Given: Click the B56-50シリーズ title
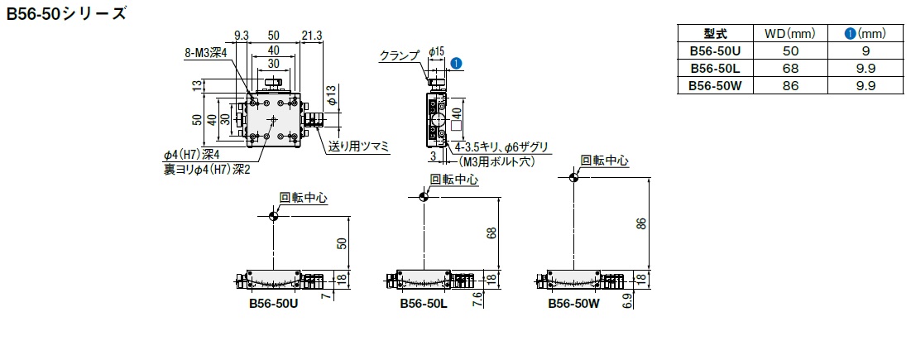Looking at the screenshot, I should click(67, 14).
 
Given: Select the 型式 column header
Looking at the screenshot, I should click(714, 34).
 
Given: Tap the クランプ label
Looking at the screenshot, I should click(400, 55).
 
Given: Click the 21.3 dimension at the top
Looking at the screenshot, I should click(312, 36).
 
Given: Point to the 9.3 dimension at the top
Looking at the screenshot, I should click(242, 36).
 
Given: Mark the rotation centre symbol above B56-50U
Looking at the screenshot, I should click(273, 216).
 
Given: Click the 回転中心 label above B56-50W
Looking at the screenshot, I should click(605, 161).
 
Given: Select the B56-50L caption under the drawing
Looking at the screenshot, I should click(423, 304).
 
